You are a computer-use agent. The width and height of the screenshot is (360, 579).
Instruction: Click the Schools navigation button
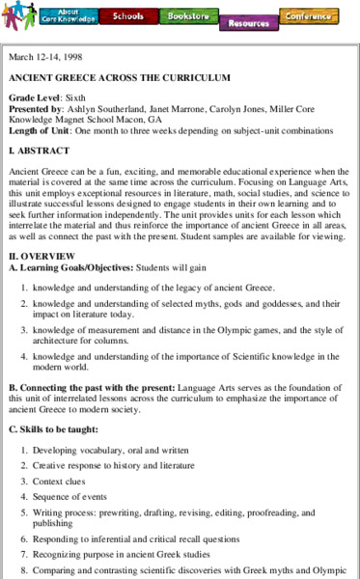(127, 15)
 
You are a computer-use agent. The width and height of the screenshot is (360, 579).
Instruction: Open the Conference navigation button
(308, 15)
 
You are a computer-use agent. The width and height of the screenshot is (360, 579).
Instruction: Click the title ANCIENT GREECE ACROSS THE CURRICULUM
(119, 77)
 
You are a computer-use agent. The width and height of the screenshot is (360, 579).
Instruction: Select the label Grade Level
(38, 98)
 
